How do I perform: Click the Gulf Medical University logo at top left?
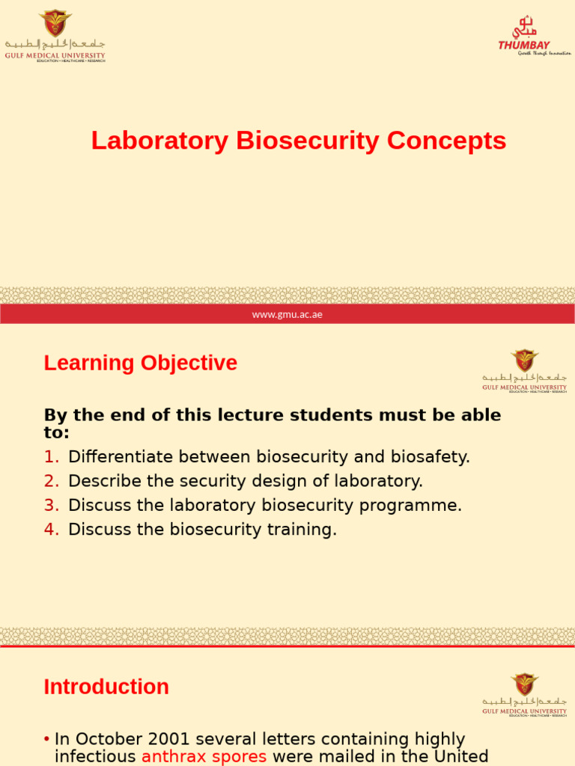(55, 36)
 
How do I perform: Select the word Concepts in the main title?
(446, 141)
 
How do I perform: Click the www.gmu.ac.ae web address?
(287, 314)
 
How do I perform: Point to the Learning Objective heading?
(140, 363)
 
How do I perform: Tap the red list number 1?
(51, 457)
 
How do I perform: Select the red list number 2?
(51, 481)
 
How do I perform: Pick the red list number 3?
(51, 505)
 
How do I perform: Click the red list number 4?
(51, 530)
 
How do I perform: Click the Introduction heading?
(106, 687)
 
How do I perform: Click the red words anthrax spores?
(204, 756)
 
